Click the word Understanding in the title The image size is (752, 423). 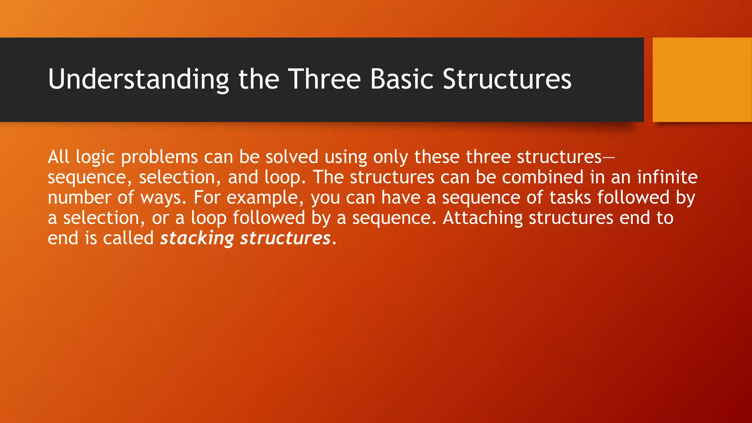pyautogui.click(x=138, y=79)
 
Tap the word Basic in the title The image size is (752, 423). pyautogui.click(x=402, y=79)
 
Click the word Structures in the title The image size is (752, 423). pyautogui.click(x=507, y=79)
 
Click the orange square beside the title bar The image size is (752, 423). pyautogui.click(x=702, y=80)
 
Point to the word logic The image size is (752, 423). pyautogui.click(x=95, y=158)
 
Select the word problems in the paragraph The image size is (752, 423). pyautogui.click(x=159, y=158)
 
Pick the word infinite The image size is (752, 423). pyautogui.click(x=667, y=177)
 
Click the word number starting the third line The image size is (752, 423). pyautogui.click(x=79, y=198)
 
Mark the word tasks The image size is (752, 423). pyautogui.click(x=570, y=198)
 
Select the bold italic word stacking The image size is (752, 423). pyautogui.click(x=197, y=238)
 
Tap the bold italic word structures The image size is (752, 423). pyautogui.click(x=285, y=238)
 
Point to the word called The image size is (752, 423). pyautogui.click(x=128, y=238)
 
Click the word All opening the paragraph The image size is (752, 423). pyautogui.click(x=58, y=157)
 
